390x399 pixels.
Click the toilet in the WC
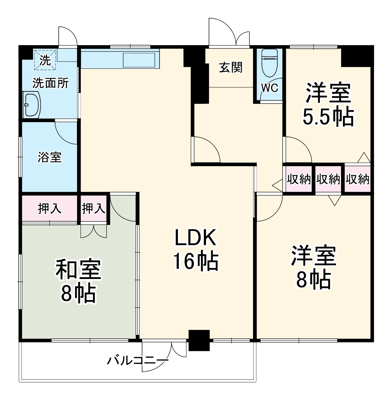[x=269, y=63]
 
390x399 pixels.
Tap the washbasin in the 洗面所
[x=31, y=104]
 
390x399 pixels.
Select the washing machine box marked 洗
[x=45, y=59]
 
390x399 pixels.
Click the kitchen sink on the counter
[x=139, y=60]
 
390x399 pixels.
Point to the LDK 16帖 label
[x=195, y=250]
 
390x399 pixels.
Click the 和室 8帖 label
[x=78, y=281]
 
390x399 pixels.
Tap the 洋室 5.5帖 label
[x=328, y=105]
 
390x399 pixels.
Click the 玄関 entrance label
[x=230, y=67]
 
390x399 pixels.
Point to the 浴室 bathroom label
[x=50, y=157]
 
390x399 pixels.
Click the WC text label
[x=269, y=88]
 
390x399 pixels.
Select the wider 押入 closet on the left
[x=50, y=208]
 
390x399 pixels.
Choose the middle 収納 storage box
[x=328, y=179]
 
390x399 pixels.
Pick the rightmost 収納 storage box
[x=357, y=179]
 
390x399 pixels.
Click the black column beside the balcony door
[x=199, y=340]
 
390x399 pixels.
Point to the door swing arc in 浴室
[x=66, y=133]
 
